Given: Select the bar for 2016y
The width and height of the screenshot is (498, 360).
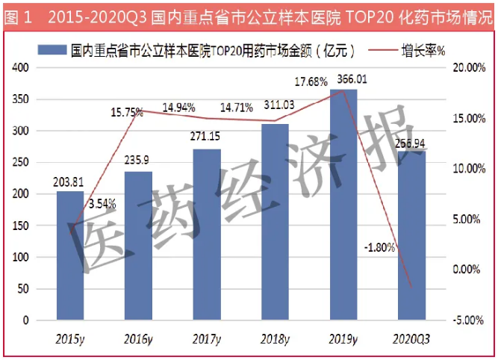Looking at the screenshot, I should pyautogui.click(x=138, y=246).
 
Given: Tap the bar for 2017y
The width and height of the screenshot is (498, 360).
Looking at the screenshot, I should pyautogui.click(x=207, y=235).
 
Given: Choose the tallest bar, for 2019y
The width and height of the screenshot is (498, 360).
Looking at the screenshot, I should pyautogui.click(x=343, y=205).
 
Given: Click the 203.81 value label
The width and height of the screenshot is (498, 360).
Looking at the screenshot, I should pyautogui.click(x=69, y=181).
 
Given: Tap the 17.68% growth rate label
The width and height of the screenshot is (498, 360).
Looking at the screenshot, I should pyautogui.click(x=313, y=81).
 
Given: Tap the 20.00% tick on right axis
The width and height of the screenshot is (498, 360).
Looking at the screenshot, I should pyautogui.click(x=470, y=68).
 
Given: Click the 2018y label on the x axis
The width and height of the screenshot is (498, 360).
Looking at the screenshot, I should pyautogui.click(x=275, y=339).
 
